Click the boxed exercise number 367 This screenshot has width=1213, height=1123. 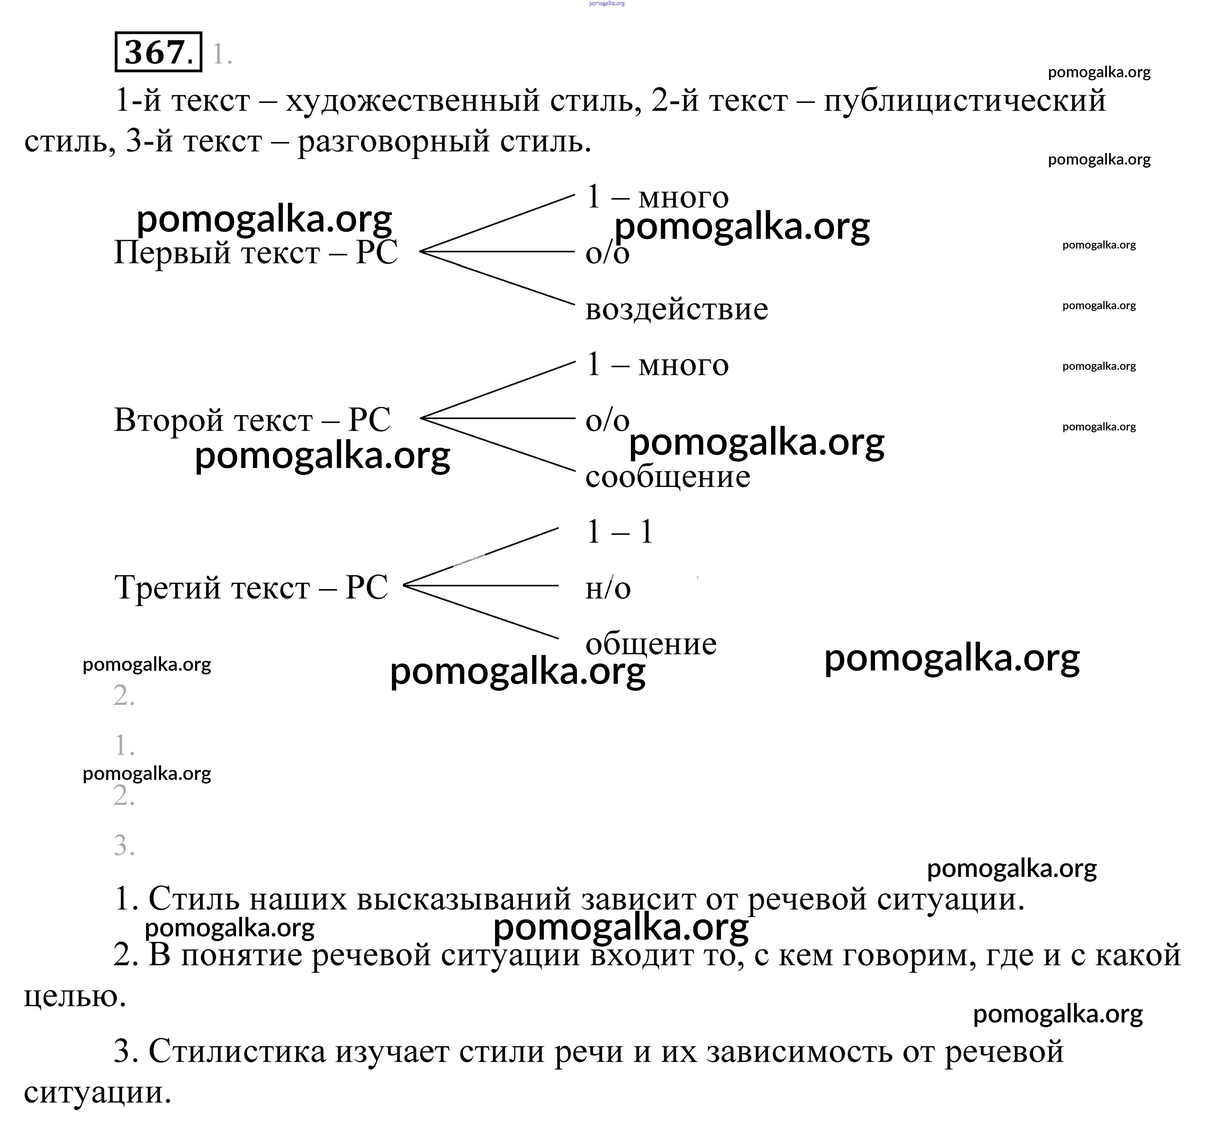(x=158, y=52)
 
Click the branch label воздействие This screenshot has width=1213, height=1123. (x=676, y=309)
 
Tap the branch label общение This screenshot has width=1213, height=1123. (x=650, y=644)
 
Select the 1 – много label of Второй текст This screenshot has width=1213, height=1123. (x=657, y=365)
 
